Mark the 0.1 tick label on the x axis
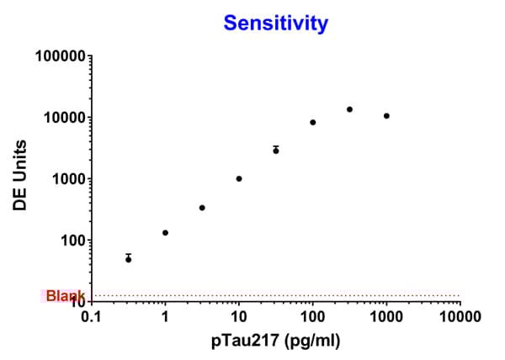91,318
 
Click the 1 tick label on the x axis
165,318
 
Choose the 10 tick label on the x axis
239,318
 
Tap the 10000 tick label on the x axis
460,318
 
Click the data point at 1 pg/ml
166,232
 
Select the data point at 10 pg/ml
239,178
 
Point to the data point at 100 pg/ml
313,122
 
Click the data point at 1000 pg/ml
386,115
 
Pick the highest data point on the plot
349,109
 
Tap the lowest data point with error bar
129,259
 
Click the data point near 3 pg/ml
202,208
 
